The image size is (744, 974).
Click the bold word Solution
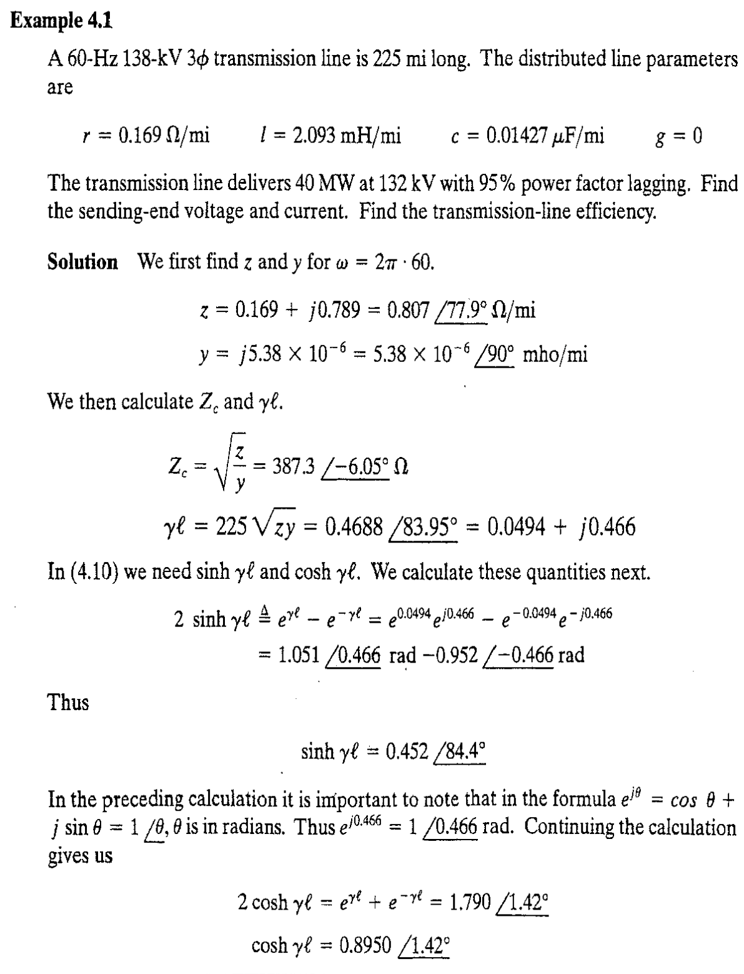tap(82, 261)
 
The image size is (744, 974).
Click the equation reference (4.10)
tap(81, 571)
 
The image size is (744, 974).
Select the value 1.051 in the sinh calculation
tap(297, 655)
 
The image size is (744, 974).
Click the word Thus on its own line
tap(69, 702)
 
